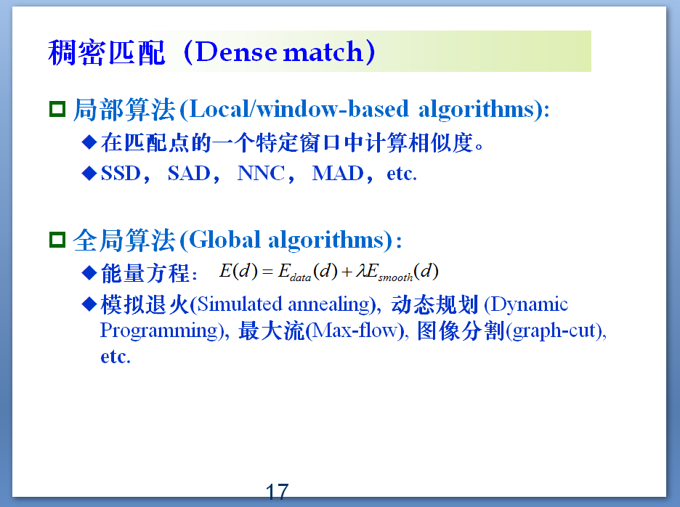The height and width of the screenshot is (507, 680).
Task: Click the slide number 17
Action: coord(277,492)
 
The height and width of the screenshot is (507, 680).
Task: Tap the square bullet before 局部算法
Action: coord(57,110)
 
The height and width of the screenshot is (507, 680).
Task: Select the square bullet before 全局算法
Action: coord(57,240)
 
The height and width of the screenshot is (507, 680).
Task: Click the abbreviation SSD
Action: coord(121,174)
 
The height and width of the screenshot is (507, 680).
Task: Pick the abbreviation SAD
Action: coord(188,174)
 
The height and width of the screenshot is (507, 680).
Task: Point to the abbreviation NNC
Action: coord(261,174)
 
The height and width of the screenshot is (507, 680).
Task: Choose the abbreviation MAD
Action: coord(337,174)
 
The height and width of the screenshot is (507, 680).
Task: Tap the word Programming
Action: coord(160,330)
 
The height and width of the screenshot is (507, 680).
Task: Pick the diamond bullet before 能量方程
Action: coord(89,272)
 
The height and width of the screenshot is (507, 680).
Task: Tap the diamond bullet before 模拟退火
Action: coord(89,304)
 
